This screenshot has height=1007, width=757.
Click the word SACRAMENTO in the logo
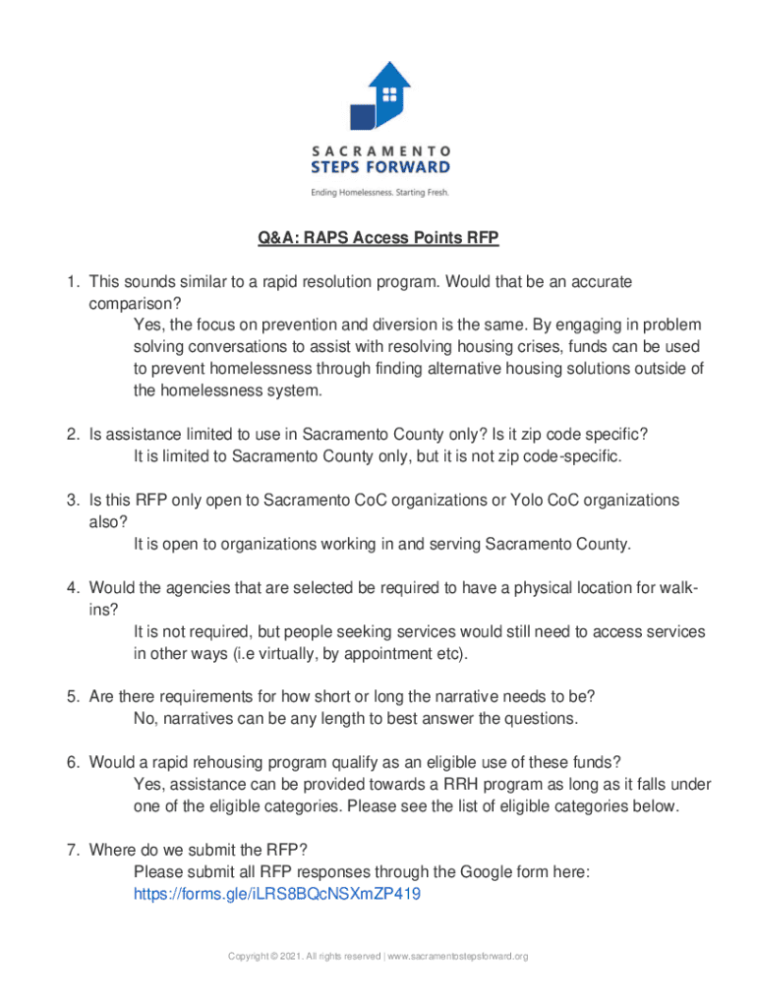(380, 151)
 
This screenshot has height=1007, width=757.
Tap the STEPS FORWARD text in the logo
(380, 167)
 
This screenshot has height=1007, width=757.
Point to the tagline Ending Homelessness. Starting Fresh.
(379, 192)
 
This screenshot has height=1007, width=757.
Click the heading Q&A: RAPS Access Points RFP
(378, 238)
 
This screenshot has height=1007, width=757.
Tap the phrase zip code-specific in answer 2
(563, 457)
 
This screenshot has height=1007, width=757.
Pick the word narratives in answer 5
(196, 719)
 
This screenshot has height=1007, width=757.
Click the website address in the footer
(459, 956)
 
